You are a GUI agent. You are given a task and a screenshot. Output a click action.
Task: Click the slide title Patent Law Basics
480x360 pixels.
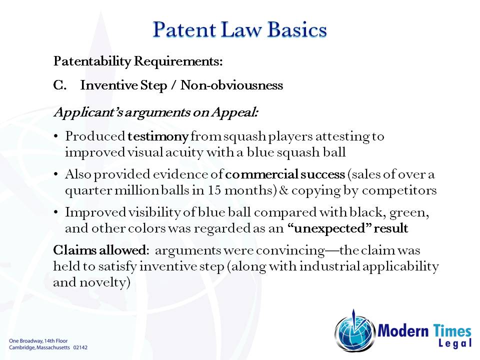[x=239, y=29]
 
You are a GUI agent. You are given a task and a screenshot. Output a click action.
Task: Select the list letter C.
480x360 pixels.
[x=60, y=85]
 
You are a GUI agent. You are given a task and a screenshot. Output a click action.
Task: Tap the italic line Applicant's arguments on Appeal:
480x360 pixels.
[x=155, y=112]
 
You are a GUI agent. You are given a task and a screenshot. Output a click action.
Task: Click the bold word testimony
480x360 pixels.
[x=158, y=136]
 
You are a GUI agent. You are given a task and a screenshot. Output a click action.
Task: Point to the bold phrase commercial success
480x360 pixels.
[x=285, y=175]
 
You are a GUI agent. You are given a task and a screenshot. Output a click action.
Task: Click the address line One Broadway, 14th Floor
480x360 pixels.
[x=38, y=340]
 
